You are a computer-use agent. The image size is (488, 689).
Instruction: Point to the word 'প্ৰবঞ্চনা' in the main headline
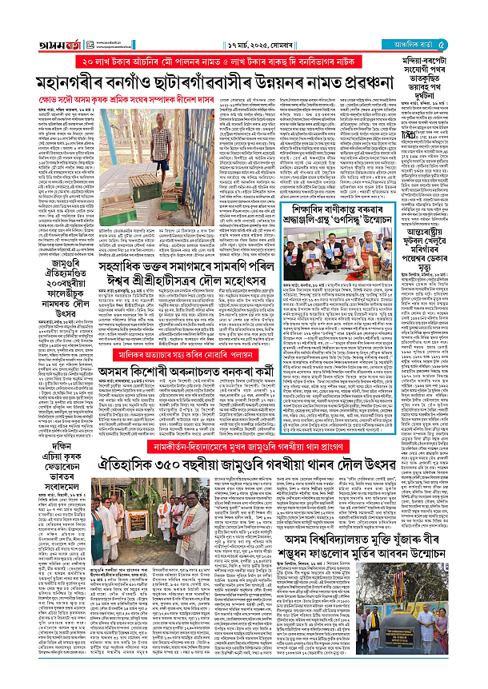[x=356, y=82]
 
